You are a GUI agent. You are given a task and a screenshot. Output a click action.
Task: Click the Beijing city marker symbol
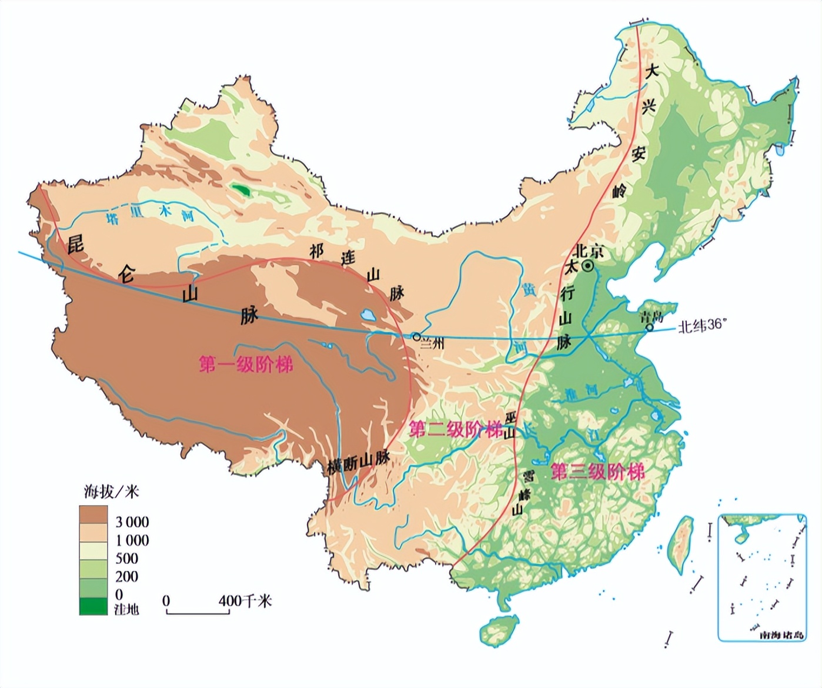click(x=587, y=267)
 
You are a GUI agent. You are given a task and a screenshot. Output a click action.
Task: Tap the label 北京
click(x=589, y=251)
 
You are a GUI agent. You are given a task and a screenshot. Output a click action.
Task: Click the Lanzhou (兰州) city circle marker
click(x=416, y=337)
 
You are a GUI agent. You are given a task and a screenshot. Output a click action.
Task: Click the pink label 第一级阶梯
click(x=246, y=365)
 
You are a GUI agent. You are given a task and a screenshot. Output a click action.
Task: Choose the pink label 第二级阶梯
click(x=456, y=429)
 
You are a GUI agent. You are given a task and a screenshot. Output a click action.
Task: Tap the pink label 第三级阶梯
click(x=597, y=472)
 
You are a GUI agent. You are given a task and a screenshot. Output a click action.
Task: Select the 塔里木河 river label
click(x=149, y=214)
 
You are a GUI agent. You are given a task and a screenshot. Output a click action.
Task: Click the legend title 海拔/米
click(x=111, y=491)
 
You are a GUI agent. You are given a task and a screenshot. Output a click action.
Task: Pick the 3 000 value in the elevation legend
click(x=132, y=522)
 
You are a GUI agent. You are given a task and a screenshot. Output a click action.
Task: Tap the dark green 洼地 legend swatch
click(x=93, y=606)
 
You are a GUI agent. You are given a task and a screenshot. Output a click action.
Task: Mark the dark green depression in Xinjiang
click(x=240, y=190)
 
